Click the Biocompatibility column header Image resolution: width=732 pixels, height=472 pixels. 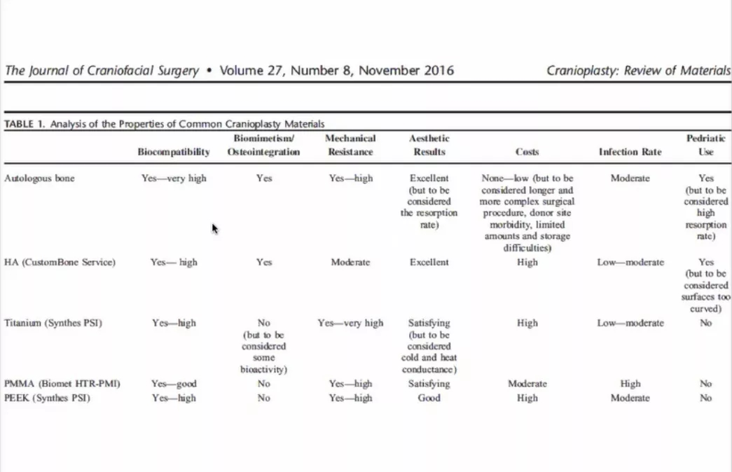click(174, 152)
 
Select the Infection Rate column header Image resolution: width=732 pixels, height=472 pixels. click(630, 152)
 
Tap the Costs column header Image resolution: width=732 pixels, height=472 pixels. click(527, 152)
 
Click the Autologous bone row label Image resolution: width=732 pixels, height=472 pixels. click(39, 179)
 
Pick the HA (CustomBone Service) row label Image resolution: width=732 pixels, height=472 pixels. click(60, 263)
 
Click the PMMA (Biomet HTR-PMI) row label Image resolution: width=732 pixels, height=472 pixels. click(62, 384)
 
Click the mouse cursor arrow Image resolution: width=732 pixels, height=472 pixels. click(215, 228)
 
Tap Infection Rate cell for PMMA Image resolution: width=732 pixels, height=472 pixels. click(630, 384)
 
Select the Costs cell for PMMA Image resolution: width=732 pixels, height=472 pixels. click(527, 384)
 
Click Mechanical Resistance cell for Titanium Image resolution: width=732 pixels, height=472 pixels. click(350, 324)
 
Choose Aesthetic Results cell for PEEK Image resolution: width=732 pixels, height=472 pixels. click(429, 398)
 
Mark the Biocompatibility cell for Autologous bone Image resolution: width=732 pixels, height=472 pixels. click(174, 179)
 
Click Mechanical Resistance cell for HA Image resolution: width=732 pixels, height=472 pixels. click(350, 263)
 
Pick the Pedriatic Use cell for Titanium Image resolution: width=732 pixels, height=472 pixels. click(705, 324)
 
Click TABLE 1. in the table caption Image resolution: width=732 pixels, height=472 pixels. click(25, 124)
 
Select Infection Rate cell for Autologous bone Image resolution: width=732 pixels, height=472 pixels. click(630, 179)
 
